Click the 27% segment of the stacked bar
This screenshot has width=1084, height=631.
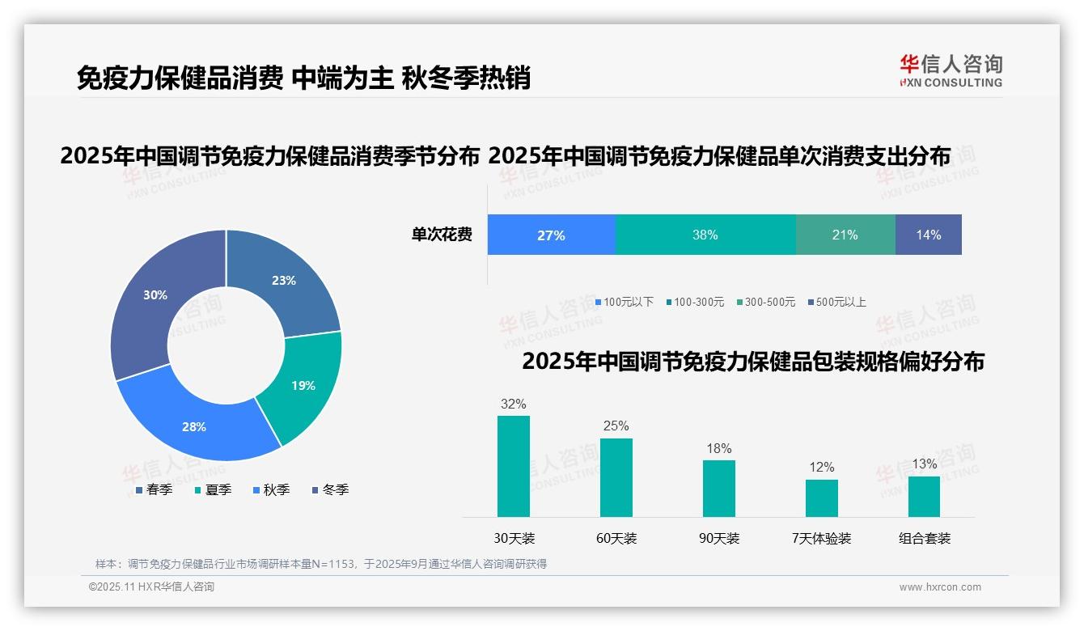click(551, 235)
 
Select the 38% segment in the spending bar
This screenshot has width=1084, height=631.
click(705, 235)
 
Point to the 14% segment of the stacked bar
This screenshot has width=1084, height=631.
click(928, 235)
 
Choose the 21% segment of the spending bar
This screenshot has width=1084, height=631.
click(845, 235)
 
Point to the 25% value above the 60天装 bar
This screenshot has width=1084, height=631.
click(616, 426)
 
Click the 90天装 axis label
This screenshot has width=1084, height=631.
click(719, 539)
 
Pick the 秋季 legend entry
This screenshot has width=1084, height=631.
click(271, 490)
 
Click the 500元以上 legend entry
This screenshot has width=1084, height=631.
click(837, 303)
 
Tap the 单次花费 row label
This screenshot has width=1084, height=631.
click(442, 235)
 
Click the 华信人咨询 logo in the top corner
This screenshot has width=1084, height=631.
click(951, 70)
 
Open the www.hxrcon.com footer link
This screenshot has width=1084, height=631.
click(940, 587)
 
